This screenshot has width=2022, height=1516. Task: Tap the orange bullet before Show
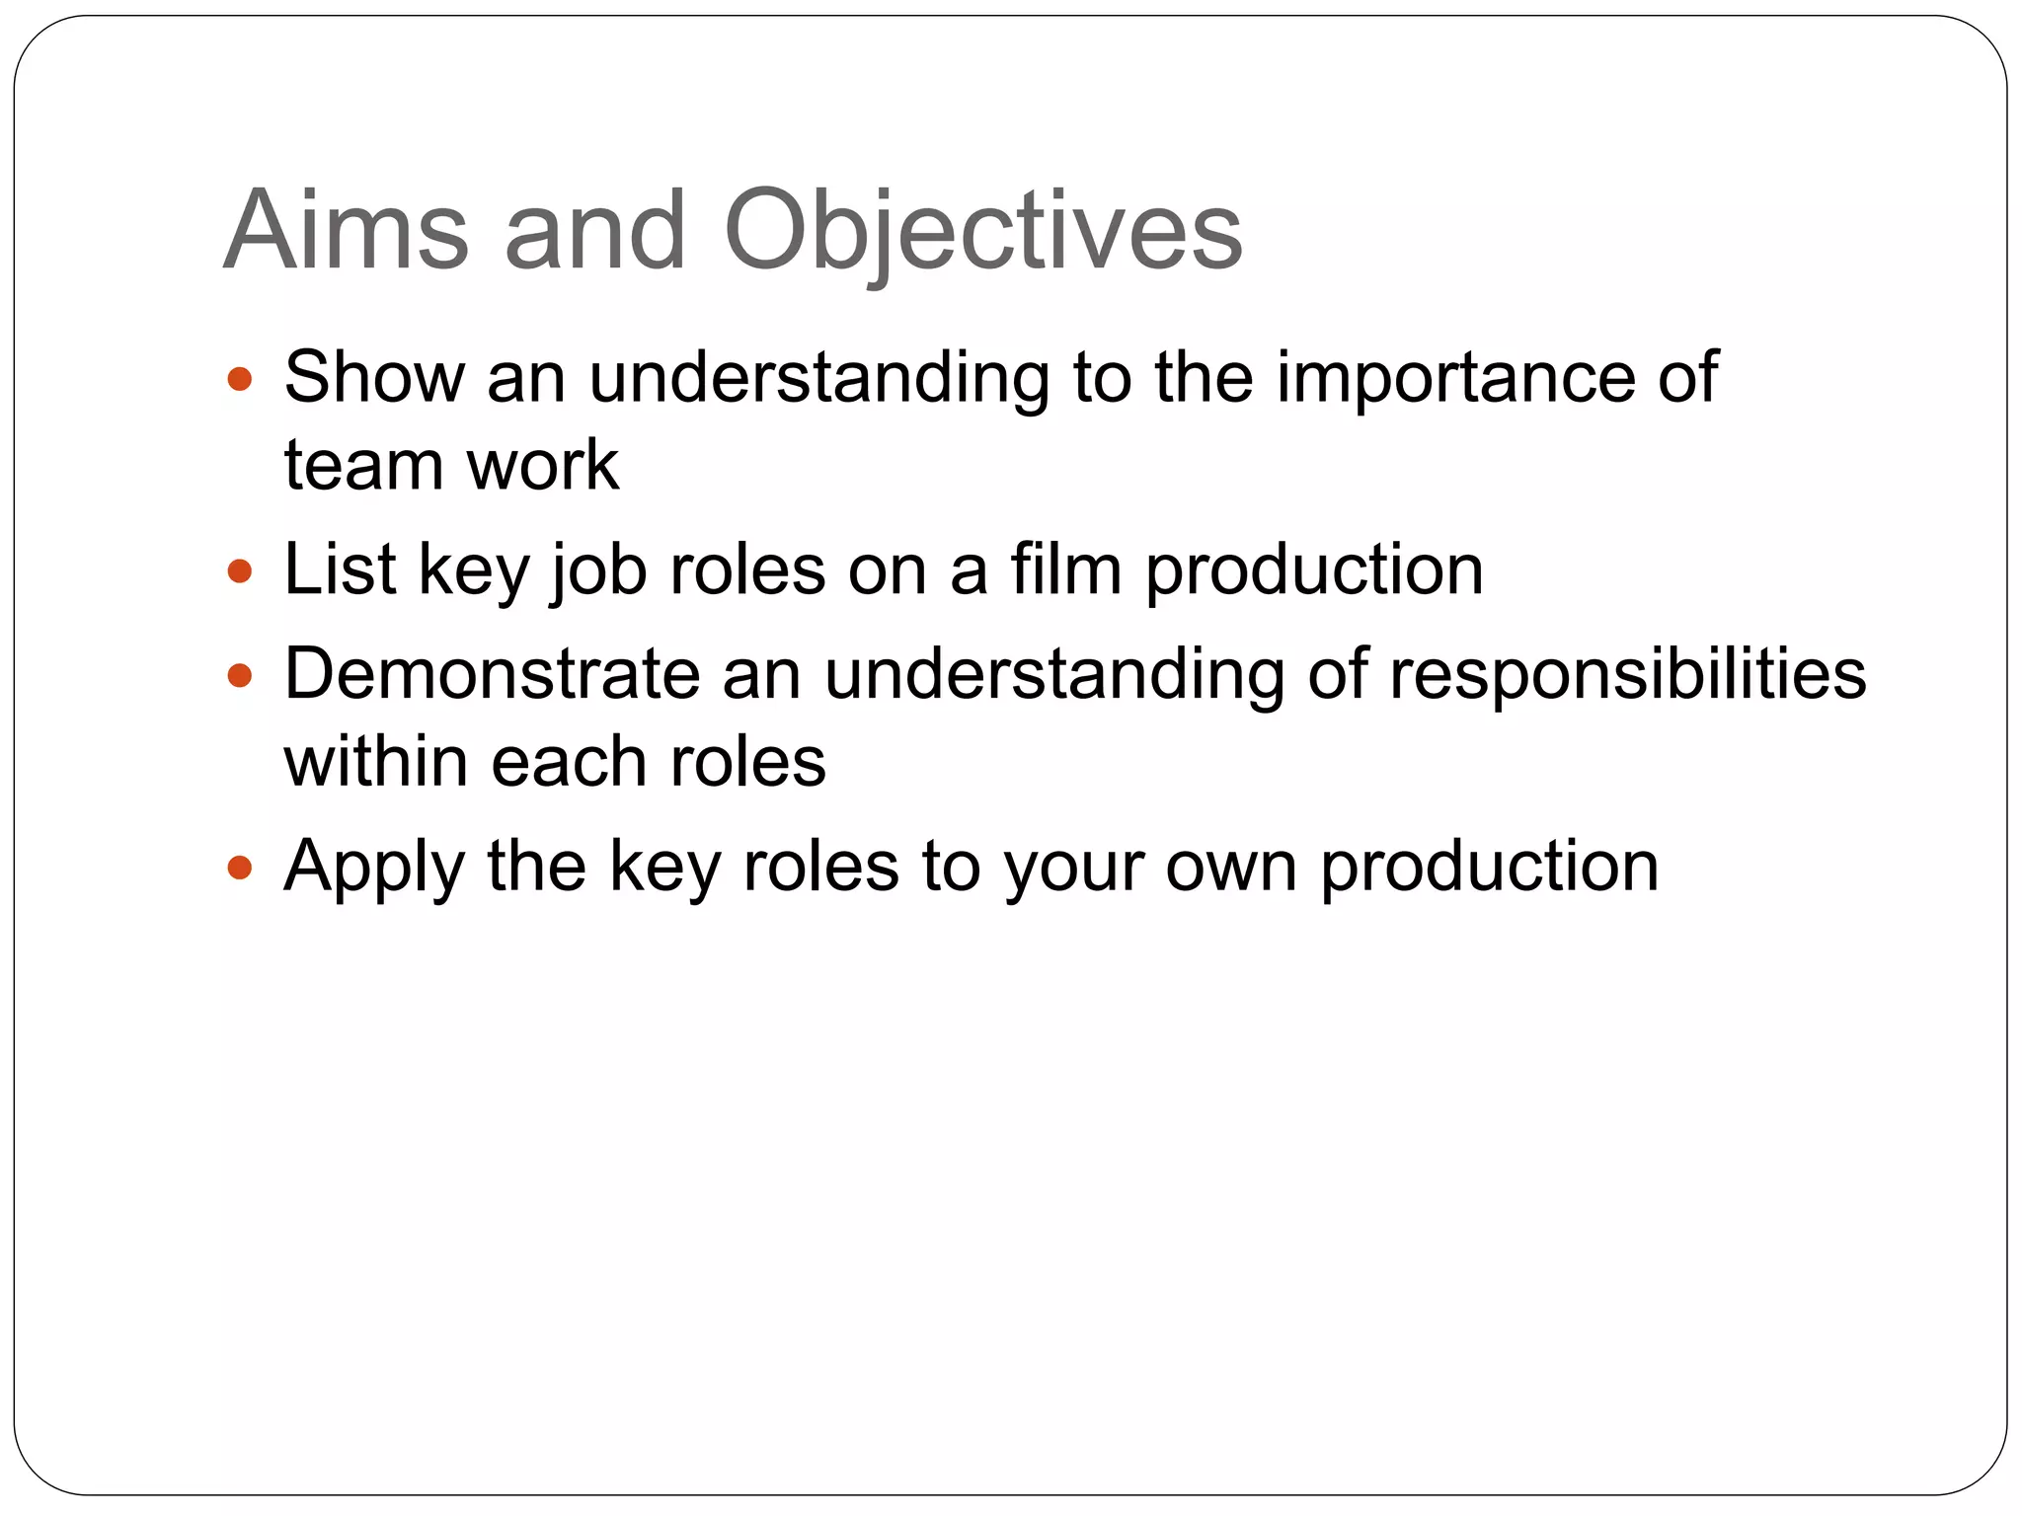[240, 379]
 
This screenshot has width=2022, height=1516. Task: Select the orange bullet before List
[240, 571]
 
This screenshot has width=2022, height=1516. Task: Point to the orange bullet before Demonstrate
[240, 676]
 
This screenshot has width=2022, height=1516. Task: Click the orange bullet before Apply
[240, 869]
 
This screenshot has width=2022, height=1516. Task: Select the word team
[363, 466]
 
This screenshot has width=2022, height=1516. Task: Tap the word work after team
[543, 466]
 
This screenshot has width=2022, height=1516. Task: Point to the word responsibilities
[1627, 677]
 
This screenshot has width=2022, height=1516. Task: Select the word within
[375, 763]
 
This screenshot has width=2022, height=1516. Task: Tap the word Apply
[373, 869]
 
